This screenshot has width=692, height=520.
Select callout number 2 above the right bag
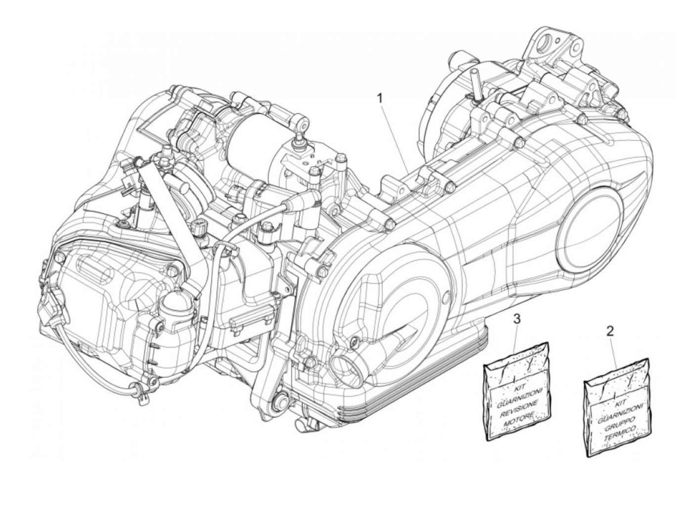coord(610,331)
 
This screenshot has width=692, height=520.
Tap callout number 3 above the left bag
coord(503,319)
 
